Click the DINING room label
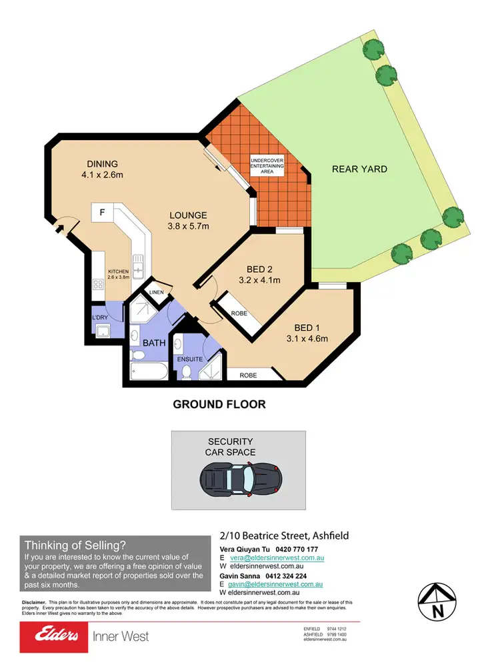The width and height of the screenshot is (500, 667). (x=102, y=164)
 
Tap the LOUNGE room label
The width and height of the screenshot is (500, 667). (x=188, y=215)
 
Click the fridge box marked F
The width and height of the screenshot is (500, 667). (x=102, y=213)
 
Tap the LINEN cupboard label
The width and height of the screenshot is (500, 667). (x=157, y=293)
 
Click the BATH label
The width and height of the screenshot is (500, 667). (x=153, y=343)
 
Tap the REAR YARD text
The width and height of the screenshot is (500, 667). (x=359, y=169)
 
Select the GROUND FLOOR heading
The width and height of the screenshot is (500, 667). (x=219, y=404)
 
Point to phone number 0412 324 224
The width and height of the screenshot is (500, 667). (x=288, y=576)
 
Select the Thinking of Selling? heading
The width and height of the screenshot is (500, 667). (x=75, y=544)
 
